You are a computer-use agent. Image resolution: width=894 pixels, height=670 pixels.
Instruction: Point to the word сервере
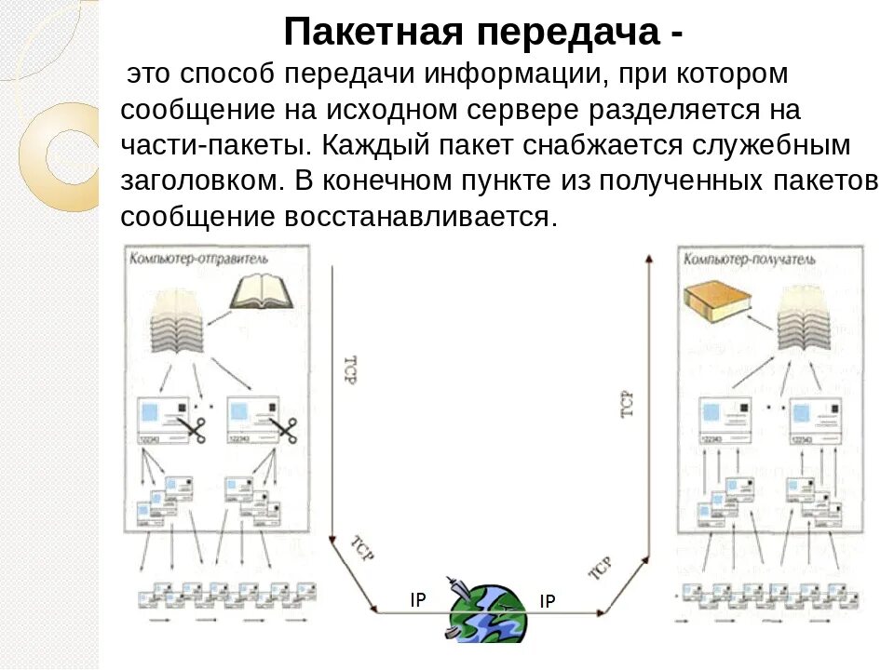(x=528, y=111)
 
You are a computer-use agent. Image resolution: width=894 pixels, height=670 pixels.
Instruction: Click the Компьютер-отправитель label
(x=199, y=258)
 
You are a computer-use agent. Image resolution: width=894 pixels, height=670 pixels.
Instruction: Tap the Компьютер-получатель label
(x=750, y=258)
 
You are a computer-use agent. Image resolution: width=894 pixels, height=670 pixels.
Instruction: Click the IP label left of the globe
(x=418, y=600)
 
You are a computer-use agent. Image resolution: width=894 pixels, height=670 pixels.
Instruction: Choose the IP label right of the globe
(x=548, y=602)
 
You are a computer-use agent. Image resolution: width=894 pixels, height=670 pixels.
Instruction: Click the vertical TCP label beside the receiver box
(x=626, y=401)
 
